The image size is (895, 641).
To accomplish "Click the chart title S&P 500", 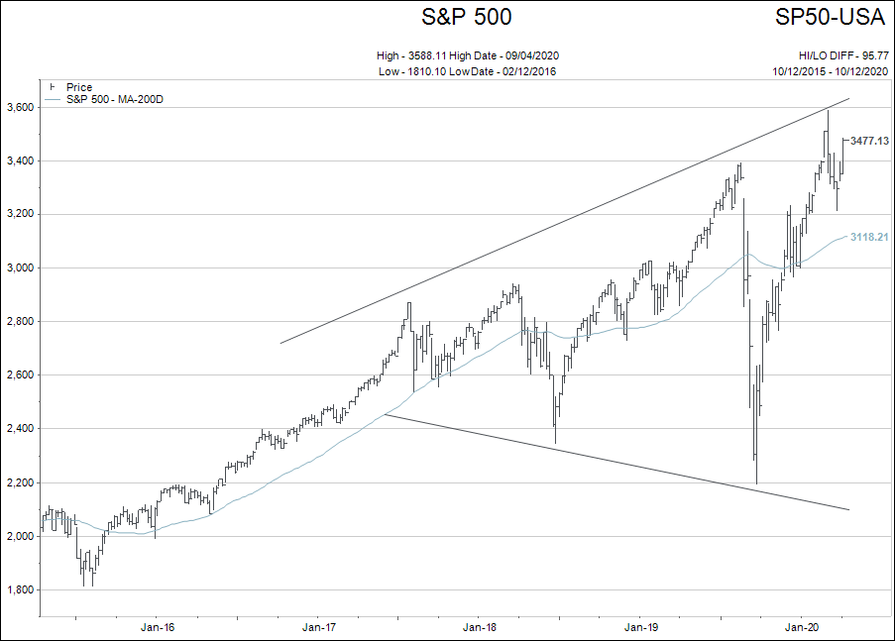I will coord(467,17).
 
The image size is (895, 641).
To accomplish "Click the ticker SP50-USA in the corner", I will coord(832,17).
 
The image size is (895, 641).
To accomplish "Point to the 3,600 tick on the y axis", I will coord(21,107).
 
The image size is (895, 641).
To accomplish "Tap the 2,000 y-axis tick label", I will coord(21,536).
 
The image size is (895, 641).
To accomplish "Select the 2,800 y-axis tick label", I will coord(21,322).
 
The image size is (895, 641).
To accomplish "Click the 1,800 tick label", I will coord(21,589).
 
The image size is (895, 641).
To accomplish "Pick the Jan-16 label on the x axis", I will coord(158,627).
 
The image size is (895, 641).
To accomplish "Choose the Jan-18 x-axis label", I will coord(480,627).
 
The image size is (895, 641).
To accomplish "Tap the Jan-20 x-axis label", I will coord(802,627).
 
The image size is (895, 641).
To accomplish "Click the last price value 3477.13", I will coord(869,142).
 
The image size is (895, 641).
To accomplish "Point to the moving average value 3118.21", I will coord(869,238).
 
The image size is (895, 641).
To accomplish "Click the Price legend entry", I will coord(78,87).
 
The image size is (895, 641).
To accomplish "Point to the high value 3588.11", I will coord(434,56).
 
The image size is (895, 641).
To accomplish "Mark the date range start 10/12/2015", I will coord(801,71).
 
